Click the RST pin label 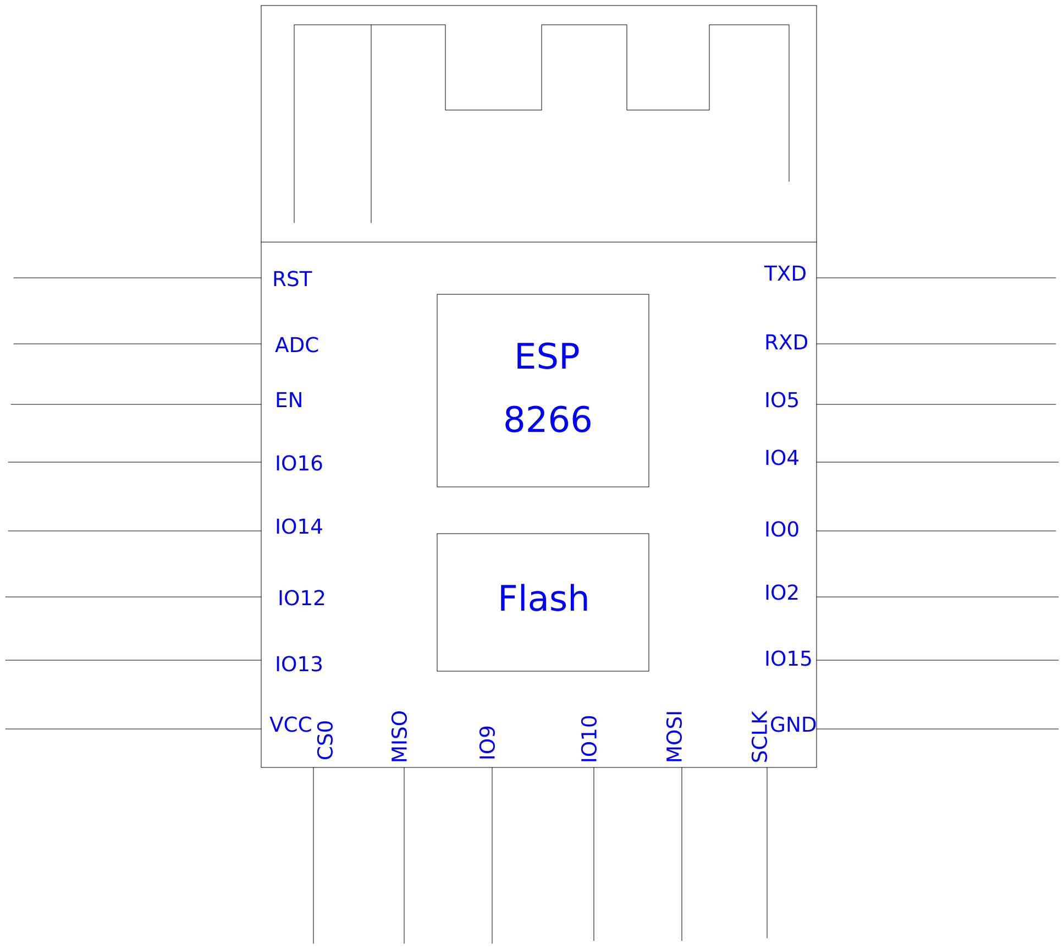[292, 279]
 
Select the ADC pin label [296, 345]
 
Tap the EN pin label [289, 401]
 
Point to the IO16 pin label [299, 464]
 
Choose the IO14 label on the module [299, 527]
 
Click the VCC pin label [290, 725]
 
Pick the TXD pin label [785, 274]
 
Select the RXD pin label [786, 343]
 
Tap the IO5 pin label [781, 401]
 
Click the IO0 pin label [781, 530]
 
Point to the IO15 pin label [787, 659]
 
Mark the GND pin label [793, 725]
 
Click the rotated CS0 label [326, 740]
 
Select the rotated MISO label [400, 736]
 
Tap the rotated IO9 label [488, 743]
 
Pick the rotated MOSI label [675, 736]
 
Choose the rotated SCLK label [760, 736]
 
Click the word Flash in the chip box [543, 599]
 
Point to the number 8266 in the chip [548, 420]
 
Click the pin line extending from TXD [935, 278]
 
